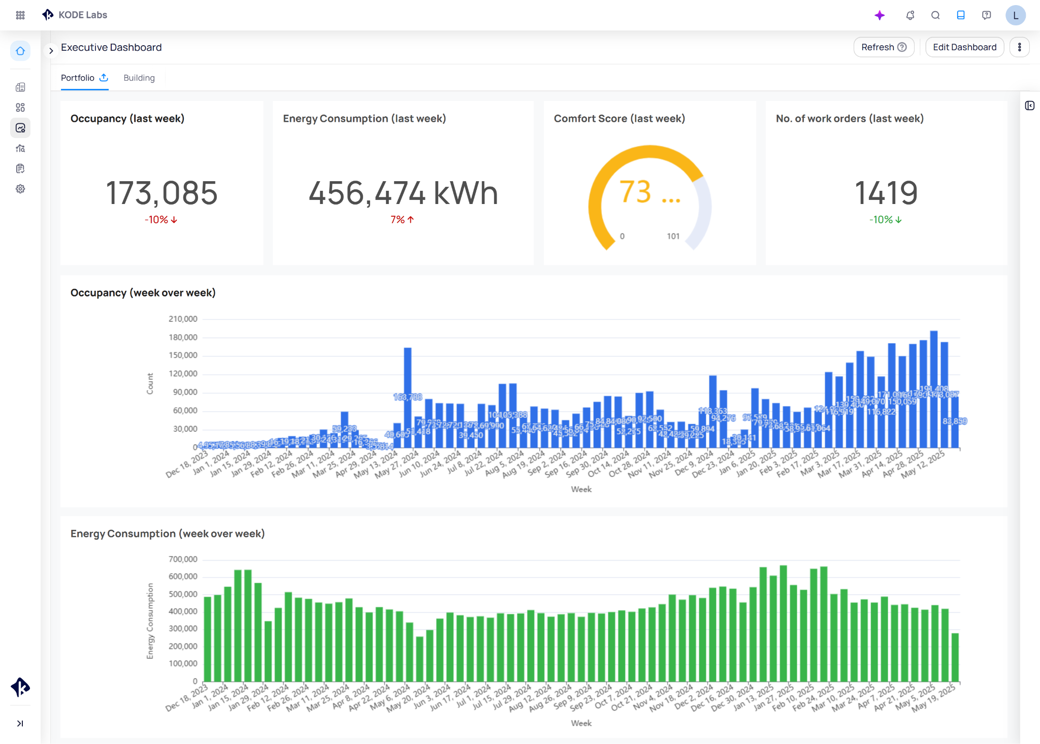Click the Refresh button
click(x=883, y=47)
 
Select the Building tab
click(x=139, y=78)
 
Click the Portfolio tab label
click(x=78, y=78)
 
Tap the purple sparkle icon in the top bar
click(x=880, y=15)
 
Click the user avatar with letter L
click(x=1015, y=15)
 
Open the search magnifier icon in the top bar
click(x=935, y=15)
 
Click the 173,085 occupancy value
click(x=161, y=193)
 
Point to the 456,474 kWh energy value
click(x=403, y=193)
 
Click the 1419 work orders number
click(x=886, y=193)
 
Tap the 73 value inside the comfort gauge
click(x=635, y=192)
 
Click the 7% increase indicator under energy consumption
click(x=402, y=220)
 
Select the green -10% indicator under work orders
click(x=885, y=220)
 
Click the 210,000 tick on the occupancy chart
click(x=183, y=319)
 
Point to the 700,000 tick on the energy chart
click(x=183, y=559)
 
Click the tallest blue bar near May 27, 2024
click(x=407, y=386)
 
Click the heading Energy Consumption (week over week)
click(x=168, y=533)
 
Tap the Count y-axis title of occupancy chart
click(x=150, y=383)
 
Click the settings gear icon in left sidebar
click(x=20, y=189)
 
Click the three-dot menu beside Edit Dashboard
click(x=1019, y=47)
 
